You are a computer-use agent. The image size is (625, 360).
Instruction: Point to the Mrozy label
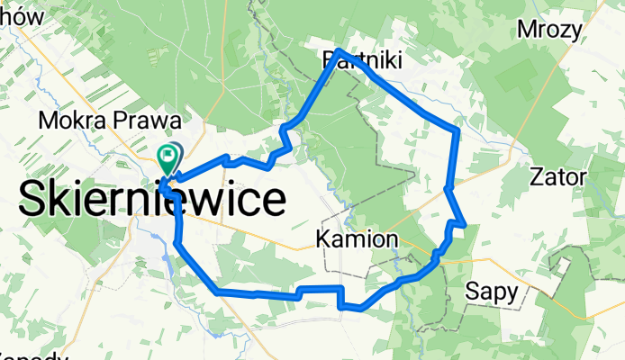pos(549,30)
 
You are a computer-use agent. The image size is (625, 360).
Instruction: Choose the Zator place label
pos(559,175)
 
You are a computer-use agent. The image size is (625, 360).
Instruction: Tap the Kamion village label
pos(358,239)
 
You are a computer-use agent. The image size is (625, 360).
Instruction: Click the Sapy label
pos(492,291)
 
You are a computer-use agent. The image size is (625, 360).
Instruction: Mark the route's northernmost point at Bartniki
pos(337,50)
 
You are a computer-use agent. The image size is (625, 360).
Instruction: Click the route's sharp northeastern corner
pos(458,130)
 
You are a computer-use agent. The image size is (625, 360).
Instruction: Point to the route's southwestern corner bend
pos(217,292)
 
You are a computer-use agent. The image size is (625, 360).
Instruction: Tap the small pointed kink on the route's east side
pos(464,222)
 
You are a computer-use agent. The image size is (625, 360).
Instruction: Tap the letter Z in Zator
pos(539,175)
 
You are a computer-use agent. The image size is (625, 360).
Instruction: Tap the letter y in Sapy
pos(512,293)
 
